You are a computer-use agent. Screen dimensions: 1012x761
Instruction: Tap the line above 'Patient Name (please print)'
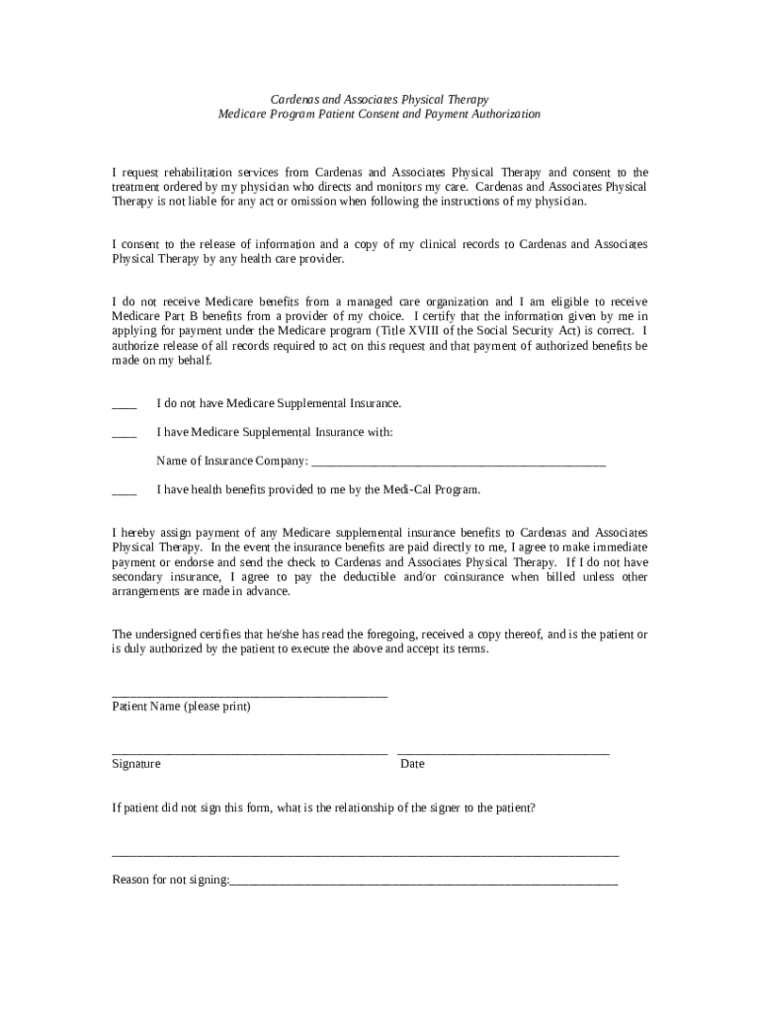249,697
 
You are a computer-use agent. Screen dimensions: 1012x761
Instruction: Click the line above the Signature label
249,754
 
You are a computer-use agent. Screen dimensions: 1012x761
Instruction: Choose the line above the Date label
503,754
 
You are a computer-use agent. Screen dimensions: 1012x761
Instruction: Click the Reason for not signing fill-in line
423,883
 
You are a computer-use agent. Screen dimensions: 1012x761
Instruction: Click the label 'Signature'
136,764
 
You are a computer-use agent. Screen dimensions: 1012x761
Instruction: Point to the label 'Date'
412,764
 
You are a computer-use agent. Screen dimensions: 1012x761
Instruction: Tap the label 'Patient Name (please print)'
181,707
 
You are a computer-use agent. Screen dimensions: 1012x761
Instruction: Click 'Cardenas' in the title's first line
296,100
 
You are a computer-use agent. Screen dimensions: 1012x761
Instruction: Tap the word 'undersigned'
168,633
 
